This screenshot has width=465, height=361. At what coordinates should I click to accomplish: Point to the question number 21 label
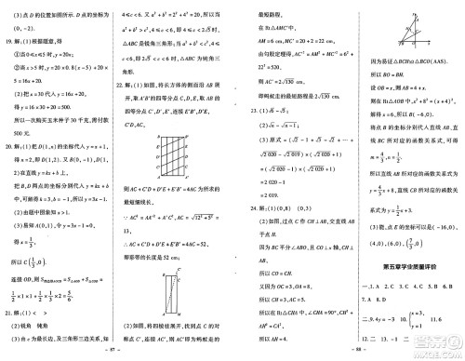[x=10, y=314]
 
